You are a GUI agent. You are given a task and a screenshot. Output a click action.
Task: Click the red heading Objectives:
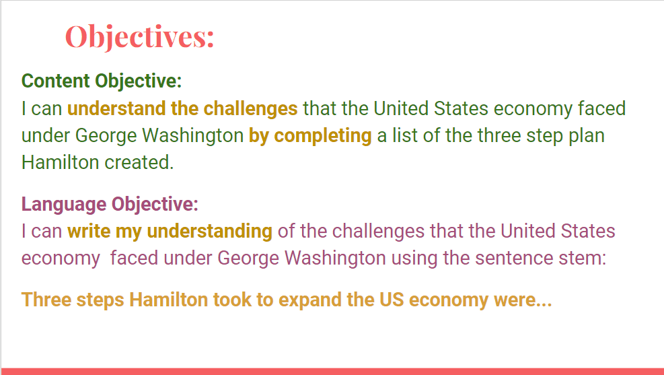pos(140,37)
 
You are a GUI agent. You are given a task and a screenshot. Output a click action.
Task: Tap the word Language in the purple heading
pos(64,204)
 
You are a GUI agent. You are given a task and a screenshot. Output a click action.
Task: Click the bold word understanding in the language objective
pos(209,232)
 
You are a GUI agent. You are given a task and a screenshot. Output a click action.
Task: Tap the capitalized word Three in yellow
pos(46,300)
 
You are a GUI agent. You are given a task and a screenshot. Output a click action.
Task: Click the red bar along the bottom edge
pos(332,371)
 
